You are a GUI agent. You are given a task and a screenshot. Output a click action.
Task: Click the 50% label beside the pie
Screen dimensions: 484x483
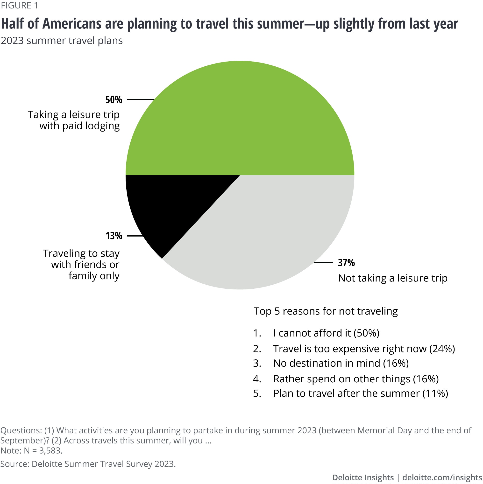tap(114, 100)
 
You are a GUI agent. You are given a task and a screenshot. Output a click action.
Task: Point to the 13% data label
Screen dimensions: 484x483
tap(114, 236)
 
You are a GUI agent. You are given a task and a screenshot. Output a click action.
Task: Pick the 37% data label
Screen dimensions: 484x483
tap(346, 263)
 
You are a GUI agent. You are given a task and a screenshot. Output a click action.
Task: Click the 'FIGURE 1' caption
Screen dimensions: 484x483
tap(20, 6)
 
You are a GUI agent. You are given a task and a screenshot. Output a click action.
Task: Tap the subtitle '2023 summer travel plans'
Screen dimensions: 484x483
tap(62, 41)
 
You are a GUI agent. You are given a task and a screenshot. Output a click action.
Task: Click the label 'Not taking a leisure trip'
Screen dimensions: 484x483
tap(392, 278)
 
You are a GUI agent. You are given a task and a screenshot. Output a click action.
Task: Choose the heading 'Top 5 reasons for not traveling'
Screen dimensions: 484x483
tap(326, 311)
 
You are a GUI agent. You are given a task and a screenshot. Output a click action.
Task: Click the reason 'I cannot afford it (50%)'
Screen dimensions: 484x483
tap(326, 333)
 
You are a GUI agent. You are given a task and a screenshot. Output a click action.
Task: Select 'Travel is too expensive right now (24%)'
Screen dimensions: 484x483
tap(364, 349)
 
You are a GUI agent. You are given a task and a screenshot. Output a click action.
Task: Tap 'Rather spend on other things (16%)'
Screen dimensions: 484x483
tap(356, 379)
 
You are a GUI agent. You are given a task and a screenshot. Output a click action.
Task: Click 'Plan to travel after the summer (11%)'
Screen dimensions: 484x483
tap(360, 393)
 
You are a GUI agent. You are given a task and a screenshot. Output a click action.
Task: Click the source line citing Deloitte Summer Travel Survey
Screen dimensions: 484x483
tap(88, 464)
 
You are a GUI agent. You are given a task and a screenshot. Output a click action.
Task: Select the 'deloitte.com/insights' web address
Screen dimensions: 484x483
tap(442, 477)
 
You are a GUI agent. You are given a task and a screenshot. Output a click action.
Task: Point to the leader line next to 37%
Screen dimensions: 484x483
tap(323, 263)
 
